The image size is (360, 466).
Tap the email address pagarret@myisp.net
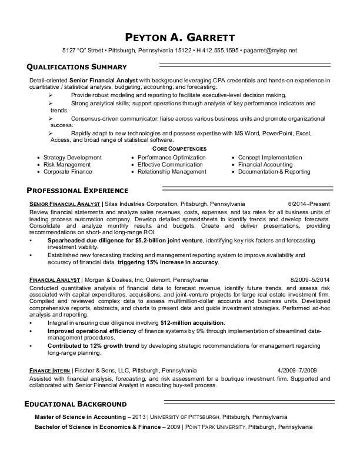coord(270,50)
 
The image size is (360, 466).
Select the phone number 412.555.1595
coord(220,50)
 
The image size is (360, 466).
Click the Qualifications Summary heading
coord(76,67)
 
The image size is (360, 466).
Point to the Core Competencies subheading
coord(179,149)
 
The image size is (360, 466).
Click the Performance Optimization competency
coord(171,158)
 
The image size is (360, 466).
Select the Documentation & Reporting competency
coord(274,172)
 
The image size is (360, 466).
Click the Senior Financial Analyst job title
coord(65,204)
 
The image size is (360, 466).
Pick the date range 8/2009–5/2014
coord(310,279)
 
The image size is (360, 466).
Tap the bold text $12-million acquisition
coord(192,323)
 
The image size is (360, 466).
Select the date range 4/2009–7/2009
coord(297,371)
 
